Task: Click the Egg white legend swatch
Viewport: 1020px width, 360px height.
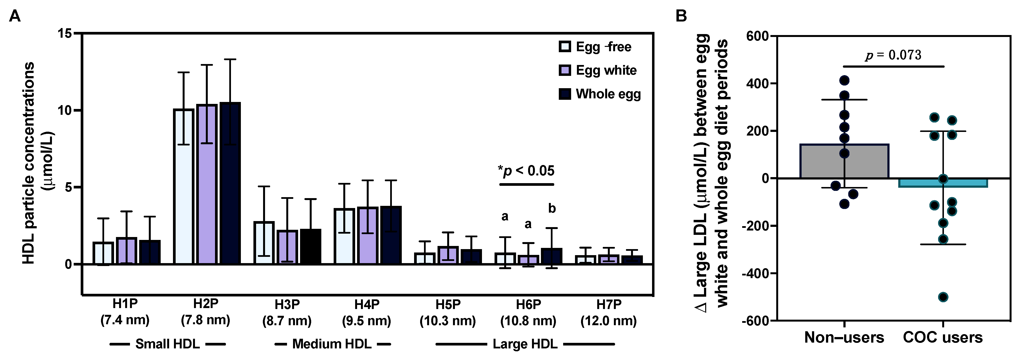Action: coord(565,71)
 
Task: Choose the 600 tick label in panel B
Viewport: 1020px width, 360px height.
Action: coord(757,36)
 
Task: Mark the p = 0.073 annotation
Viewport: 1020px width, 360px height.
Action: coord(893,55)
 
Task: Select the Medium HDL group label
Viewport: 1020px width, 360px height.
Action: coord(332,344)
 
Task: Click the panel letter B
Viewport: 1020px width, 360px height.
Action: coord(681,16)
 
